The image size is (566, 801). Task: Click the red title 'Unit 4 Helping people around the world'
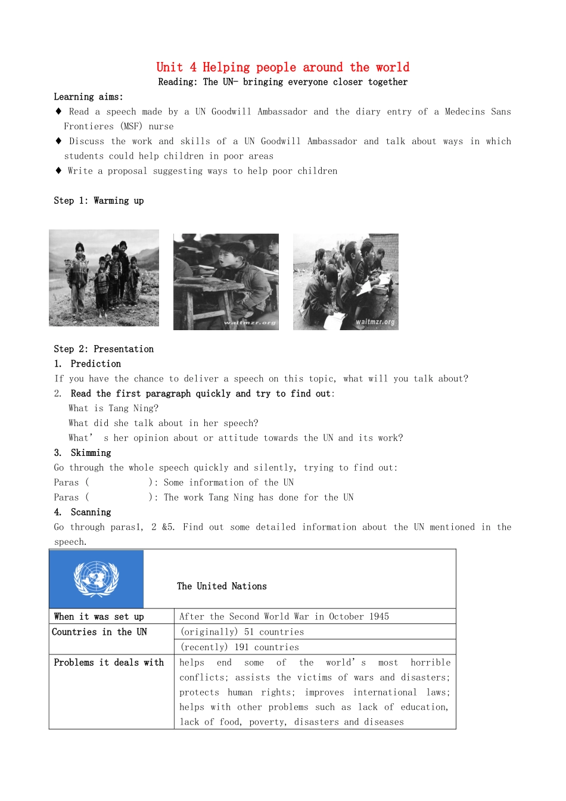pyautogui.click(x=282, y=67)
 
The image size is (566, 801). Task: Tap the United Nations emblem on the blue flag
pyautogui.click(x=96, y=579)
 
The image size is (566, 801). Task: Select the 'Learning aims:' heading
pyautogui.click(x=88, y=97)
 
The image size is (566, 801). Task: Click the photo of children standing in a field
pyautogui.click(x=104, y=278)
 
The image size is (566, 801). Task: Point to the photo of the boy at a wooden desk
pyautogui.click(x=226, y=281)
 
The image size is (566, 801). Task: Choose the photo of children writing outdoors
pyautogui.click(x=346, y=281)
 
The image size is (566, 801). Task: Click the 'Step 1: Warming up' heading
pyautogui.click(x=98, y=200)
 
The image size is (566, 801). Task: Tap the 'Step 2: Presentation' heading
pyautogui.click(x=104, y=349)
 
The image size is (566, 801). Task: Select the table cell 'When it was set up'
pyautogui.click(x=99, y=616)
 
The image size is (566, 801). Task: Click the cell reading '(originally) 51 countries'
pyautogui.click(x=242, y=632)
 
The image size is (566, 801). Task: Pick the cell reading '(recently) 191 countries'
pyautogui.click(x=240, y=647)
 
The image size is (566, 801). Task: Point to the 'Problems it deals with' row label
pyautogui.click(x=108, y=662)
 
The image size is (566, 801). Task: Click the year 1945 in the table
pyautogui.click(x=379, y=616)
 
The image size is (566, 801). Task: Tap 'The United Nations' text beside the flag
pyautogui.click(x=222, y=586)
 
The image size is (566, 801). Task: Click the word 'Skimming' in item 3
pyautogui.click(x=91, y=453)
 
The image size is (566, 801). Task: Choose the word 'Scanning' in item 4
pyautogui.click(x=91, y=512)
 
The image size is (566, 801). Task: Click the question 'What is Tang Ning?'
pyautogui.click(x=113, y=408)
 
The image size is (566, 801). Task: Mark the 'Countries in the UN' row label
pyautogui.click(x=99, y=632)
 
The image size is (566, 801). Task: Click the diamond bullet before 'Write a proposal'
pyautogui.click(x=58, y=170)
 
